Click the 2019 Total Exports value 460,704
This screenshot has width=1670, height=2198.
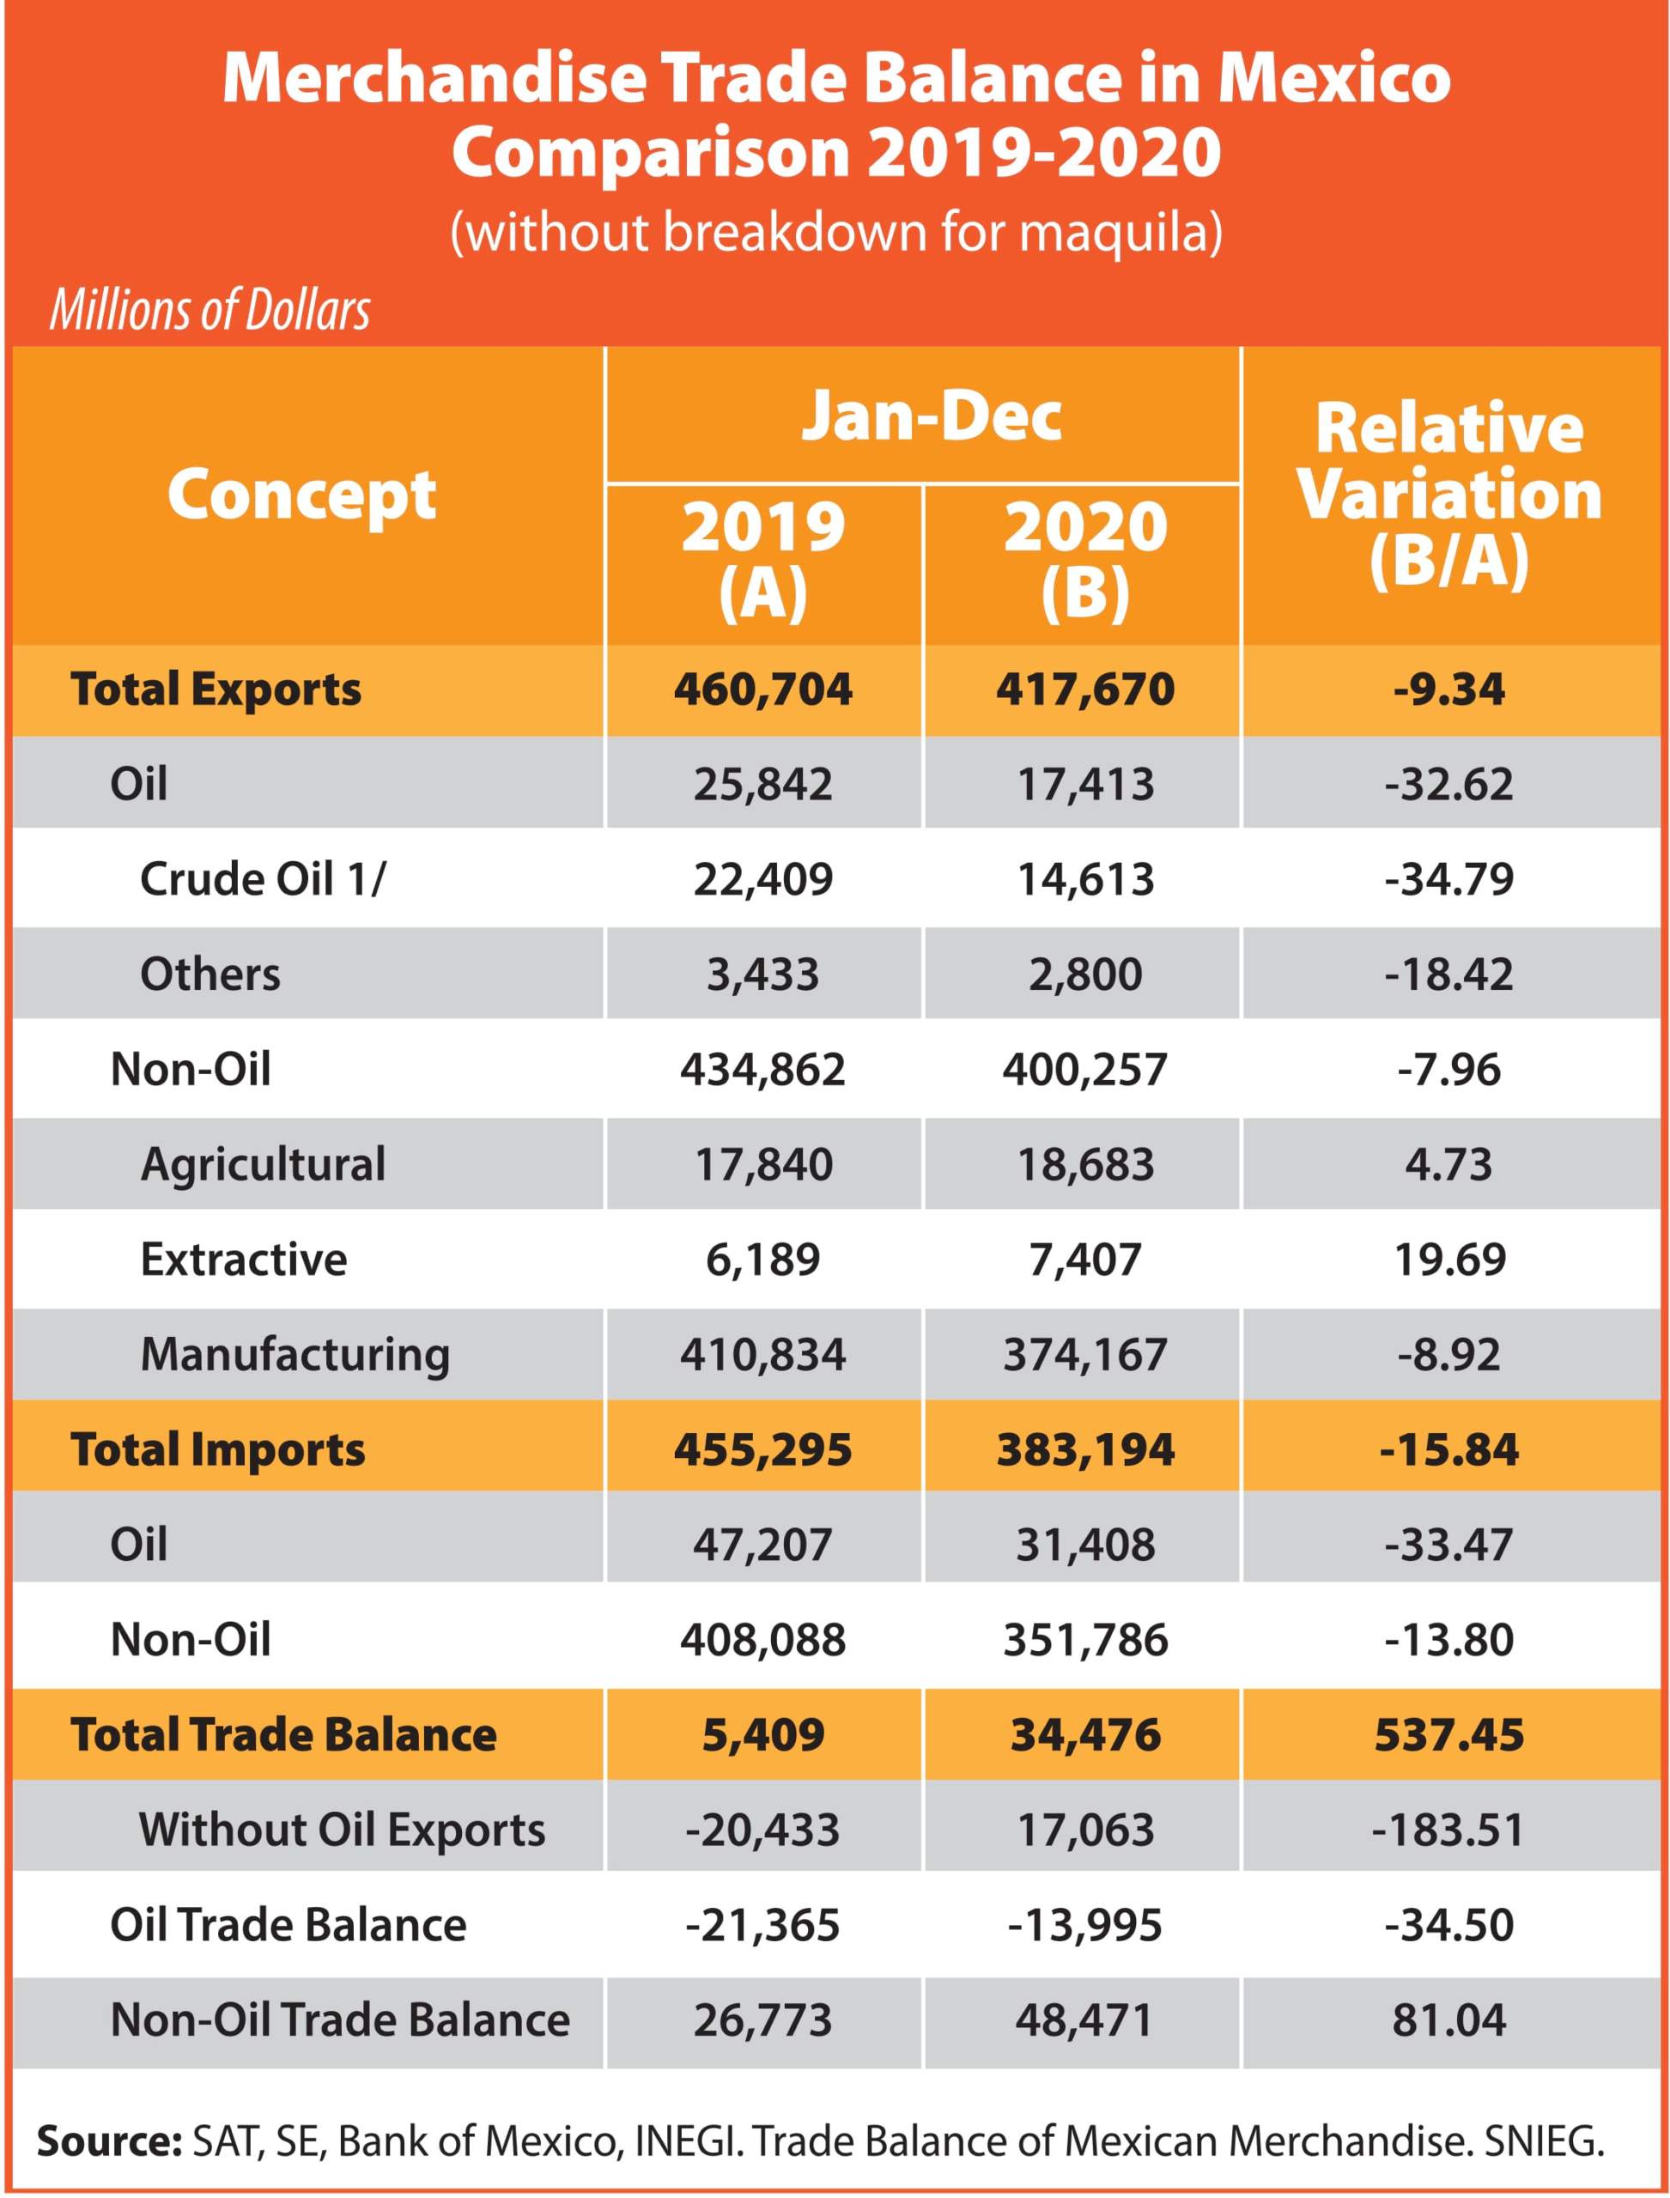click(x=762, y=689)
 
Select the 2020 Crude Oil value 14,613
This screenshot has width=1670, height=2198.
click(x=1085, y=879)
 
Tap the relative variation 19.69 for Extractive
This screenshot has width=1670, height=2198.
click(x=1449, y=1259)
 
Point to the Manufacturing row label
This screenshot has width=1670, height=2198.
click(x=295, y=1355)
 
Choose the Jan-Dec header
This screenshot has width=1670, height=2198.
click(x=932, y=416)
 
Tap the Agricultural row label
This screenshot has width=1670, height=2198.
click(x=264, y=1164)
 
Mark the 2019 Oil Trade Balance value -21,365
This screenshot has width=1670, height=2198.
click(x=762, y=1925)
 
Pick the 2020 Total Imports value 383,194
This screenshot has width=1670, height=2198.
click(x=1085, y=1449)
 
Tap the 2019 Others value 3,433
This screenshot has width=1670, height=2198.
click(x=762, y=975)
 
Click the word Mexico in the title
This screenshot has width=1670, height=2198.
click(x=1334, y=77)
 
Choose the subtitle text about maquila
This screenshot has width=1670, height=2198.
click(x=836, y=232)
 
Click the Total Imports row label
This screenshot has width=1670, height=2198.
click(x=218, y=1449)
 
